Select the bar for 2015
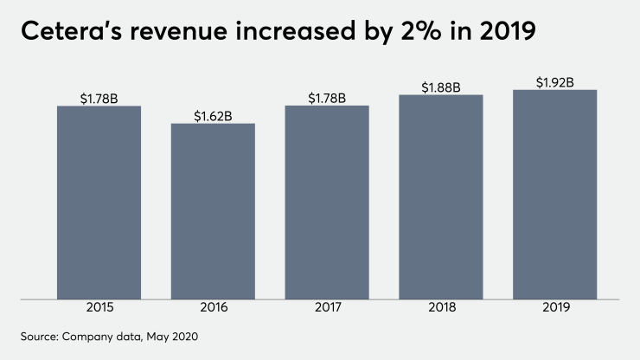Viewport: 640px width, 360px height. pyautogui.click(x=99, y=202)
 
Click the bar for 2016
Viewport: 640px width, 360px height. pyautogui.click(x=213, y=211)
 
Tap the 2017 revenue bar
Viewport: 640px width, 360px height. pyautogui.click(x=326, y=202)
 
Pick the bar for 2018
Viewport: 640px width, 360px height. pyautogui.click(x=440, y=197)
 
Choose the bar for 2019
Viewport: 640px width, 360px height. pyautogui.click(x=554, y=195)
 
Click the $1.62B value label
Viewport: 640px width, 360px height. pyautogui.click(x=213, y=115)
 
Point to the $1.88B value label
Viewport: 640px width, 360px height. pyautogui.click(x=440, y=87)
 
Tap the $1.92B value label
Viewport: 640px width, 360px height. pyautogui.click(x=554, y=82)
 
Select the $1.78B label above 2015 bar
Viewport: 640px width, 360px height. pyautogui.click(x=99, y=98)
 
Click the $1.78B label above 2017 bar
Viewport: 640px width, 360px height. pyautogui.click(x=326, y=98)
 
